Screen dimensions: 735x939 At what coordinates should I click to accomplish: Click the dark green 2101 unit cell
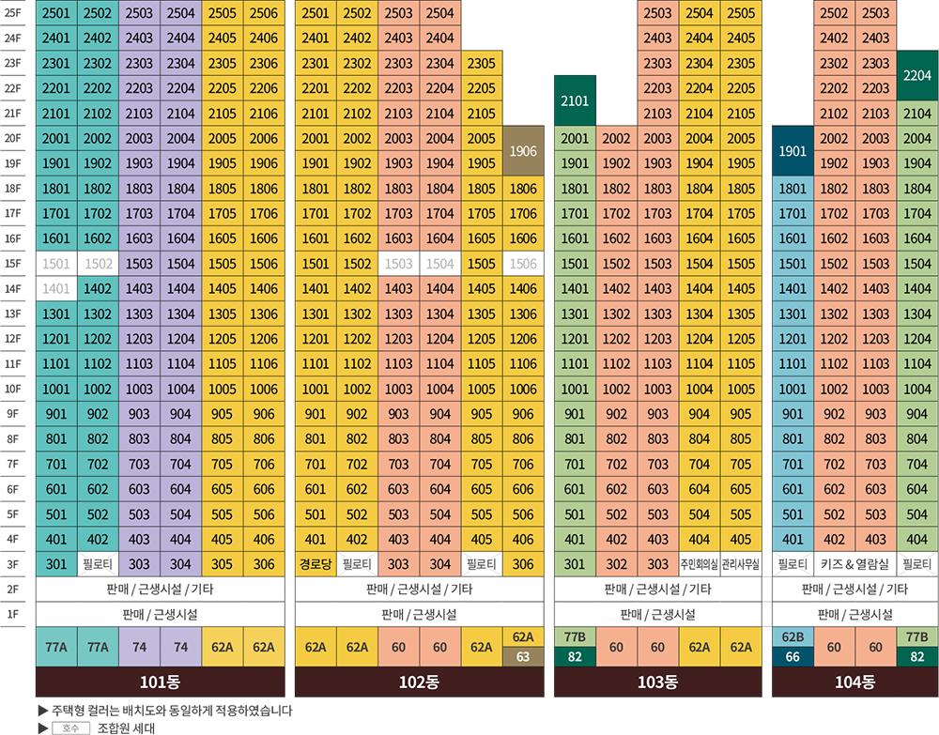click(x=575, y=100)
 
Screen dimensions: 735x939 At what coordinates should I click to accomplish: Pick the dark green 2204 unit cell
click(x=917, y=76)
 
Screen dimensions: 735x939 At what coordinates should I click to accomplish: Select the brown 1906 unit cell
click(x=522, y=151)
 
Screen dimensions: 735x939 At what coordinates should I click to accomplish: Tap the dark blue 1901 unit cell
click(x=793, y=151)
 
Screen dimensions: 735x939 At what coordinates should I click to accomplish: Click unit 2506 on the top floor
click(x=264, y=13)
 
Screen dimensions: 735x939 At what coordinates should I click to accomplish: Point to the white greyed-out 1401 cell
click(x=56, y=289)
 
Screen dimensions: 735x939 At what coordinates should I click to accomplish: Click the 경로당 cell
click(x=316, y=564)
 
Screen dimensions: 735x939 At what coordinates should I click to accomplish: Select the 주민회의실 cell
click(x=699, y=564)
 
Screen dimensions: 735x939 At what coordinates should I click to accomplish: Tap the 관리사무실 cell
click(x=740, y=564)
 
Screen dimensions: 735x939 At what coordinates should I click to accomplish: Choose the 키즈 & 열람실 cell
click(x=854, y=564)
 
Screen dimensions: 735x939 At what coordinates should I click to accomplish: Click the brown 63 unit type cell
click(x=522, y=656)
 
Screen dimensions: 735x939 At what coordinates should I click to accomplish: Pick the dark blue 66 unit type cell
click(x=793, y=656)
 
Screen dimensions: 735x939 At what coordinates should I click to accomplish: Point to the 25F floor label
click(x=13, y=13)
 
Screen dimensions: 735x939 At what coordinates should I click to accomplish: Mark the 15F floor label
click(x=13, y=264)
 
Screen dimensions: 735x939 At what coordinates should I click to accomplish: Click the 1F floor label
click(x=13, y=615)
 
